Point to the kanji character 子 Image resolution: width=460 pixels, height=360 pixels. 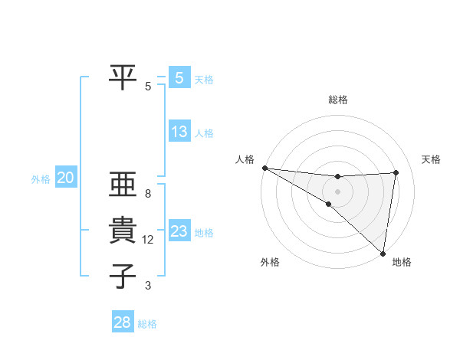click(x=123, y=277)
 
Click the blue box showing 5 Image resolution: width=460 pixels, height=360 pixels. click(x=179, y=77)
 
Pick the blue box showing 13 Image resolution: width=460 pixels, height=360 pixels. click(x=179, y=132)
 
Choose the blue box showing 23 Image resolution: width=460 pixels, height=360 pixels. click(x=179, y=231)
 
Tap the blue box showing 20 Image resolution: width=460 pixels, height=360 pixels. click(x=65, y=178)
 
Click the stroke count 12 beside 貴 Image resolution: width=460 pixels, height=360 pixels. click(x=148, y=240)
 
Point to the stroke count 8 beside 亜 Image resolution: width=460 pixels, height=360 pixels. click(x=148, y=194)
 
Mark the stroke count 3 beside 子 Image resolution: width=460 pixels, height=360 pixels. click(x=148, y=286)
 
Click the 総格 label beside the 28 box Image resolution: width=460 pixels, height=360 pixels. click(x=147, y=324)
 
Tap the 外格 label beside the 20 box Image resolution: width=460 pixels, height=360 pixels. click(x=41, y=179)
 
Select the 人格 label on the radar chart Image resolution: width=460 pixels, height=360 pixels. click(x=245, y=159)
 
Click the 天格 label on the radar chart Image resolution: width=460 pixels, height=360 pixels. click(x=431, y=159)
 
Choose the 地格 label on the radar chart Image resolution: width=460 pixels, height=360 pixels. click(x=402, y=262)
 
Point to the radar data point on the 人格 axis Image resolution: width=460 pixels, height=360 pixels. click(x=264, y=168)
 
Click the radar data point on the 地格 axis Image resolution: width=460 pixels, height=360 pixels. click(x=383, y=252)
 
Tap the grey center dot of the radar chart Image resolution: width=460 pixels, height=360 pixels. click(x=337, y=191)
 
